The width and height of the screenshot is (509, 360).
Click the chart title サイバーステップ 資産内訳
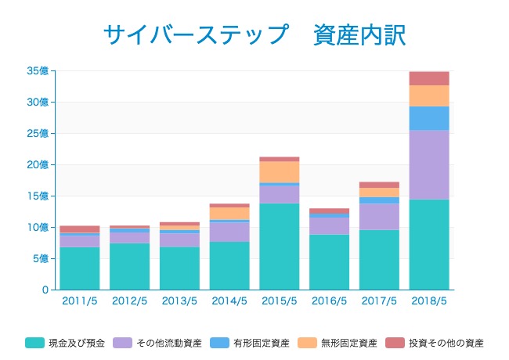[254, 34]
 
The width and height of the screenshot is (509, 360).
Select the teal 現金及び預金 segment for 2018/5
[429, 244]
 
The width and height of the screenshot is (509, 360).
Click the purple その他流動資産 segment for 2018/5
[429, 164]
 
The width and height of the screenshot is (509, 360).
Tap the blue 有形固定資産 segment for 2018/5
[429, 118]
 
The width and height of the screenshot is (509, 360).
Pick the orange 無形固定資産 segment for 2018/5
[429, 95]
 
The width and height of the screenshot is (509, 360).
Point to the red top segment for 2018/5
[429, 78]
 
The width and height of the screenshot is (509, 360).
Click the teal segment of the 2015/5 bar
[280, 247]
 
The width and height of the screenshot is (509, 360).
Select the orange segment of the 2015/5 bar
[280, 171]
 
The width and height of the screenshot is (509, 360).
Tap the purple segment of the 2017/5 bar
[379, 217]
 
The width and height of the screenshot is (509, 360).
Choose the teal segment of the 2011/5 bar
[80, 268]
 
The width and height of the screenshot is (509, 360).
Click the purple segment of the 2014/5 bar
[229, 232]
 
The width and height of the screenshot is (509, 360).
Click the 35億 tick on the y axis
[38, 71]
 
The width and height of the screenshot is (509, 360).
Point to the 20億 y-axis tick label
[38, 165]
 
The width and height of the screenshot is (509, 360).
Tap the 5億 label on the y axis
[40, 259]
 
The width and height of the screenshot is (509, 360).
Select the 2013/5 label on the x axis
[179, 301]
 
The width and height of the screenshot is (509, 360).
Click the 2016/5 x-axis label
[330, 301]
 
